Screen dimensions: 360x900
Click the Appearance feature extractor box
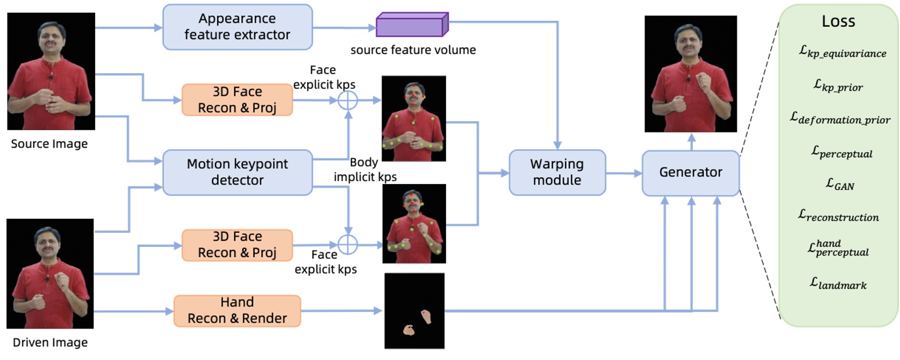pos(237,27)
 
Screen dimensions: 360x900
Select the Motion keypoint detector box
pos(237,172)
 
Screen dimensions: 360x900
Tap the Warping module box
pos(557,172)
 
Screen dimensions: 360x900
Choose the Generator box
pos(690,172)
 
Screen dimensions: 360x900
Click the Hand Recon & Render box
pos(237,311)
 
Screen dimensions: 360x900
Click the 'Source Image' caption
pos(49,143)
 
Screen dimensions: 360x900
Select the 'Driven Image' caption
pos(50,342)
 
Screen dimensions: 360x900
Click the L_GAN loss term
pos(838,185)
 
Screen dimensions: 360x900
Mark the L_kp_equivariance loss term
pos(842,53)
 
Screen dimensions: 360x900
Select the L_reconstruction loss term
pos(838,216)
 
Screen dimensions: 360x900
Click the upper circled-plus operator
pos(347,100)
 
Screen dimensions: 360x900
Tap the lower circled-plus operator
pos(347,245)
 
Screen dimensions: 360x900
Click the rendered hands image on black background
pos(415,311)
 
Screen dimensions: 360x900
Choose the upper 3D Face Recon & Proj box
pos(237,100)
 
